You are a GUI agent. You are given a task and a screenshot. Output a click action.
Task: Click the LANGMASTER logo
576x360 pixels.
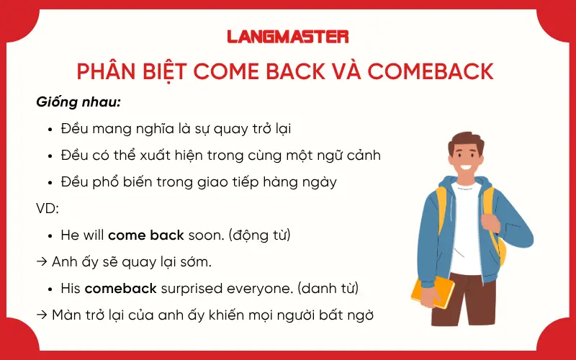click(287, 36)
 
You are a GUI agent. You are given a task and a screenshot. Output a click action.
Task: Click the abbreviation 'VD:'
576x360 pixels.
click(47, 208)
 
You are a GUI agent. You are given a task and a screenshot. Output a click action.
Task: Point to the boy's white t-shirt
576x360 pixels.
click(468, 230)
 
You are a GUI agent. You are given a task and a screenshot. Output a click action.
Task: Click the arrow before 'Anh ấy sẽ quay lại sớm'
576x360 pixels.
click(41, 261)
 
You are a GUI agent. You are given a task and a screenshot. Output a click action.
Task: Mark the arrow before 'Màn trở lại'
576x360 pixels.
click(41, 315)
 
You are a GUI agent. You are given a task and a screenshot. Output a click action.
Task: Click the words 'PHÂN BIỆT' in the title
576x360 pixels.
click(122, 71)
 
